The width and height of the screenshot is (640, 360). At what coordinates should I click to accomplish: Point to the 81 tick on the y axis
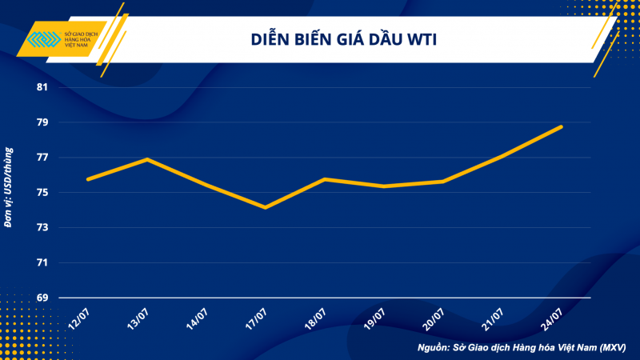42,87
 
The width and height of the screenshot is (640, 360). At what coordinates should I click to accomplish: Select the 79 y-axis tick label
42,122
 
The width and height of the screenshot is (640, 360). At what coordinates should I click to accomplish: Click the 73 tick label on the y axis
42,228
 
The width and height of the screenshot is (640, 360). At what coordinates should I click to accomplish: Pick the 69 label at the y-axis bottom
42,298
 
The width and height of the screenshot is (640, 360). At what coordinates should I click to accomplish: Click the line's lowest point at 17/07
265,207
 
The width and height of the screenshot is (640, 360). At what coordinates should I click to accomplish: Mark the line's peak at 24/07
562,126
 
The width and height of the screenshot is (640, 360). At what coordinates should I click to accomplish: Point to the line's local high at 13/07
146,159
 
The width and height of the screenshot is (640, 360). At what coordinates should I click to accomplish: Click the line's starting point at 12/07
87,179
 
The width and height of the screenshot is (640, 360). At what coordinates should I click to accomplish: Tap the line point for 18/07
324,179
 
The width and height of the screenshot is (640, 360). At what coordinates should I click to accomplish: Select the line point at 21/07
502,156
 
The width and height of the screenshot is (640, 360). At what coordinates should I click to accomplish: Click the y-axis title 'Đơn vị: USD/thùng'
10,186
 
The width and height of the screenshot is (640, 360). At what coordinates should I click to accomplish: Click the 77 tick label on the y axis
42,158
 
